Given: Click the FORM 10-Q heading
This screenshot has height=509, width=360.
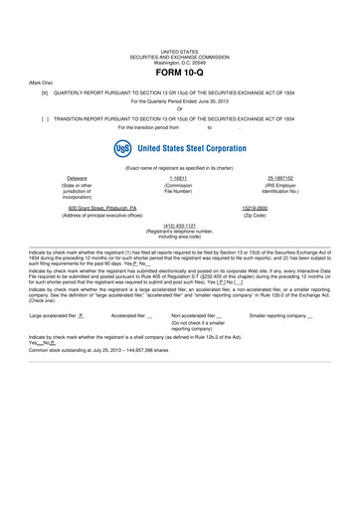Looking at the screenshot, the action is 180,75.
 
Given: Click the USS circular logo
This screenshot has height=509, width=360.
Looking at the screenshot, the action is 123,148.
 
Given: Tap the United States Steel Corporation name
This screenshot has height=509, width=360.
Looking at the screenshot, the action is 191,148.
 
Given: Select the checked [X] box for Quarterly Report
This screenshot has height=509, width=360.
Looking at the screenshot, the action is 45,90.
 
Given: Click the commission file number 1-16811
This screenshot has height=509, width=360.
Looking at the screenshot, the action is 179,178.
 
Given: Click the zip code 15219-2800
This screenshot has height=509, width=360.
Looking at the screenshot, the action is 282,208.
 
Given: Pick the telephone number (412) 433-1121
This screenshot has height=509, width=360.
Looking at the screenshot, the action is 180,225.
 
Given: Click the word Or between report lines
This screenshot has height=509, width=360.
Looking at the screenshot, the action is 180,108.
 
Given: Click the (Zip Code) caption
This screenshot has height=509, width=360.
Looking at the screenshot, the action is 282,215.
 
